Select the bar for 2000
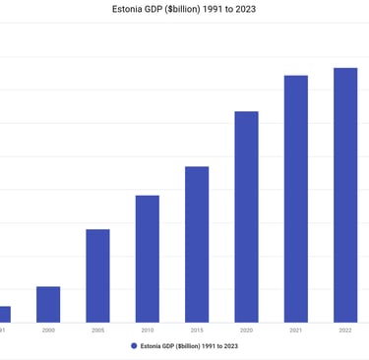(x=48, y=304)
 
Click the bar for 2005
(x=97, y=275)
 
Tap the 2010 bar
(x=148, y=258)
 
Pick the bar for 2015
(x=197, y=244)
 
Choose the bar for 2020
(x=246, y=216)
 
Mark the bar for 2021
(x=296, y=198)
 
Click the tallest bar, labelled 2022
(x=345, y=195)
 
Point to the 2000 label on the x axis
(x=48, y=330)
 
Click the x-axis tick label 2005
(x=97, y=330)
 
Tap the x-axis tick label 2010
(x=148, y=330)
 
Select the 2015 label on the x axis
(x=197, y=330)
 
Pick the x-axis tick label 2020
(x=246, y=330)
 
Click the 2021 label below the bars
(x=296, y=330)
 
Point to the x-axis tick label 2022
(x=345, y=330)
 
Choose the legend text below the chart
(x=190, y=346)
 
